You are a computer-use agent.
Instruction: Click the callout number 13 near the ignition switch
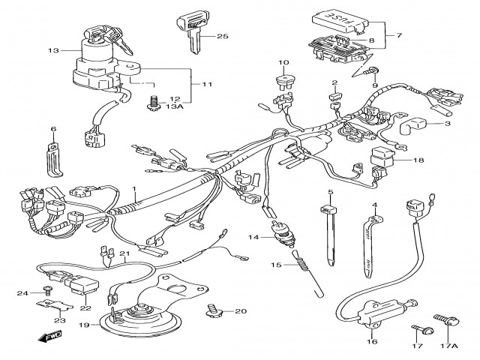(52, 51)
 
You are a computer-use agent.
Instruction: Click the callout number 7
(397, 35)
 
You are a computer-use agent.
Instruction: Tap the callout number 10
(283, 62)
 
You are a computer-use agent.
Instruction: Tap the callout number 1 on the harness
(135, 189)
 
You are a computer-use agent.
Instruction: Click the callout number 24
(22, 292)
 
